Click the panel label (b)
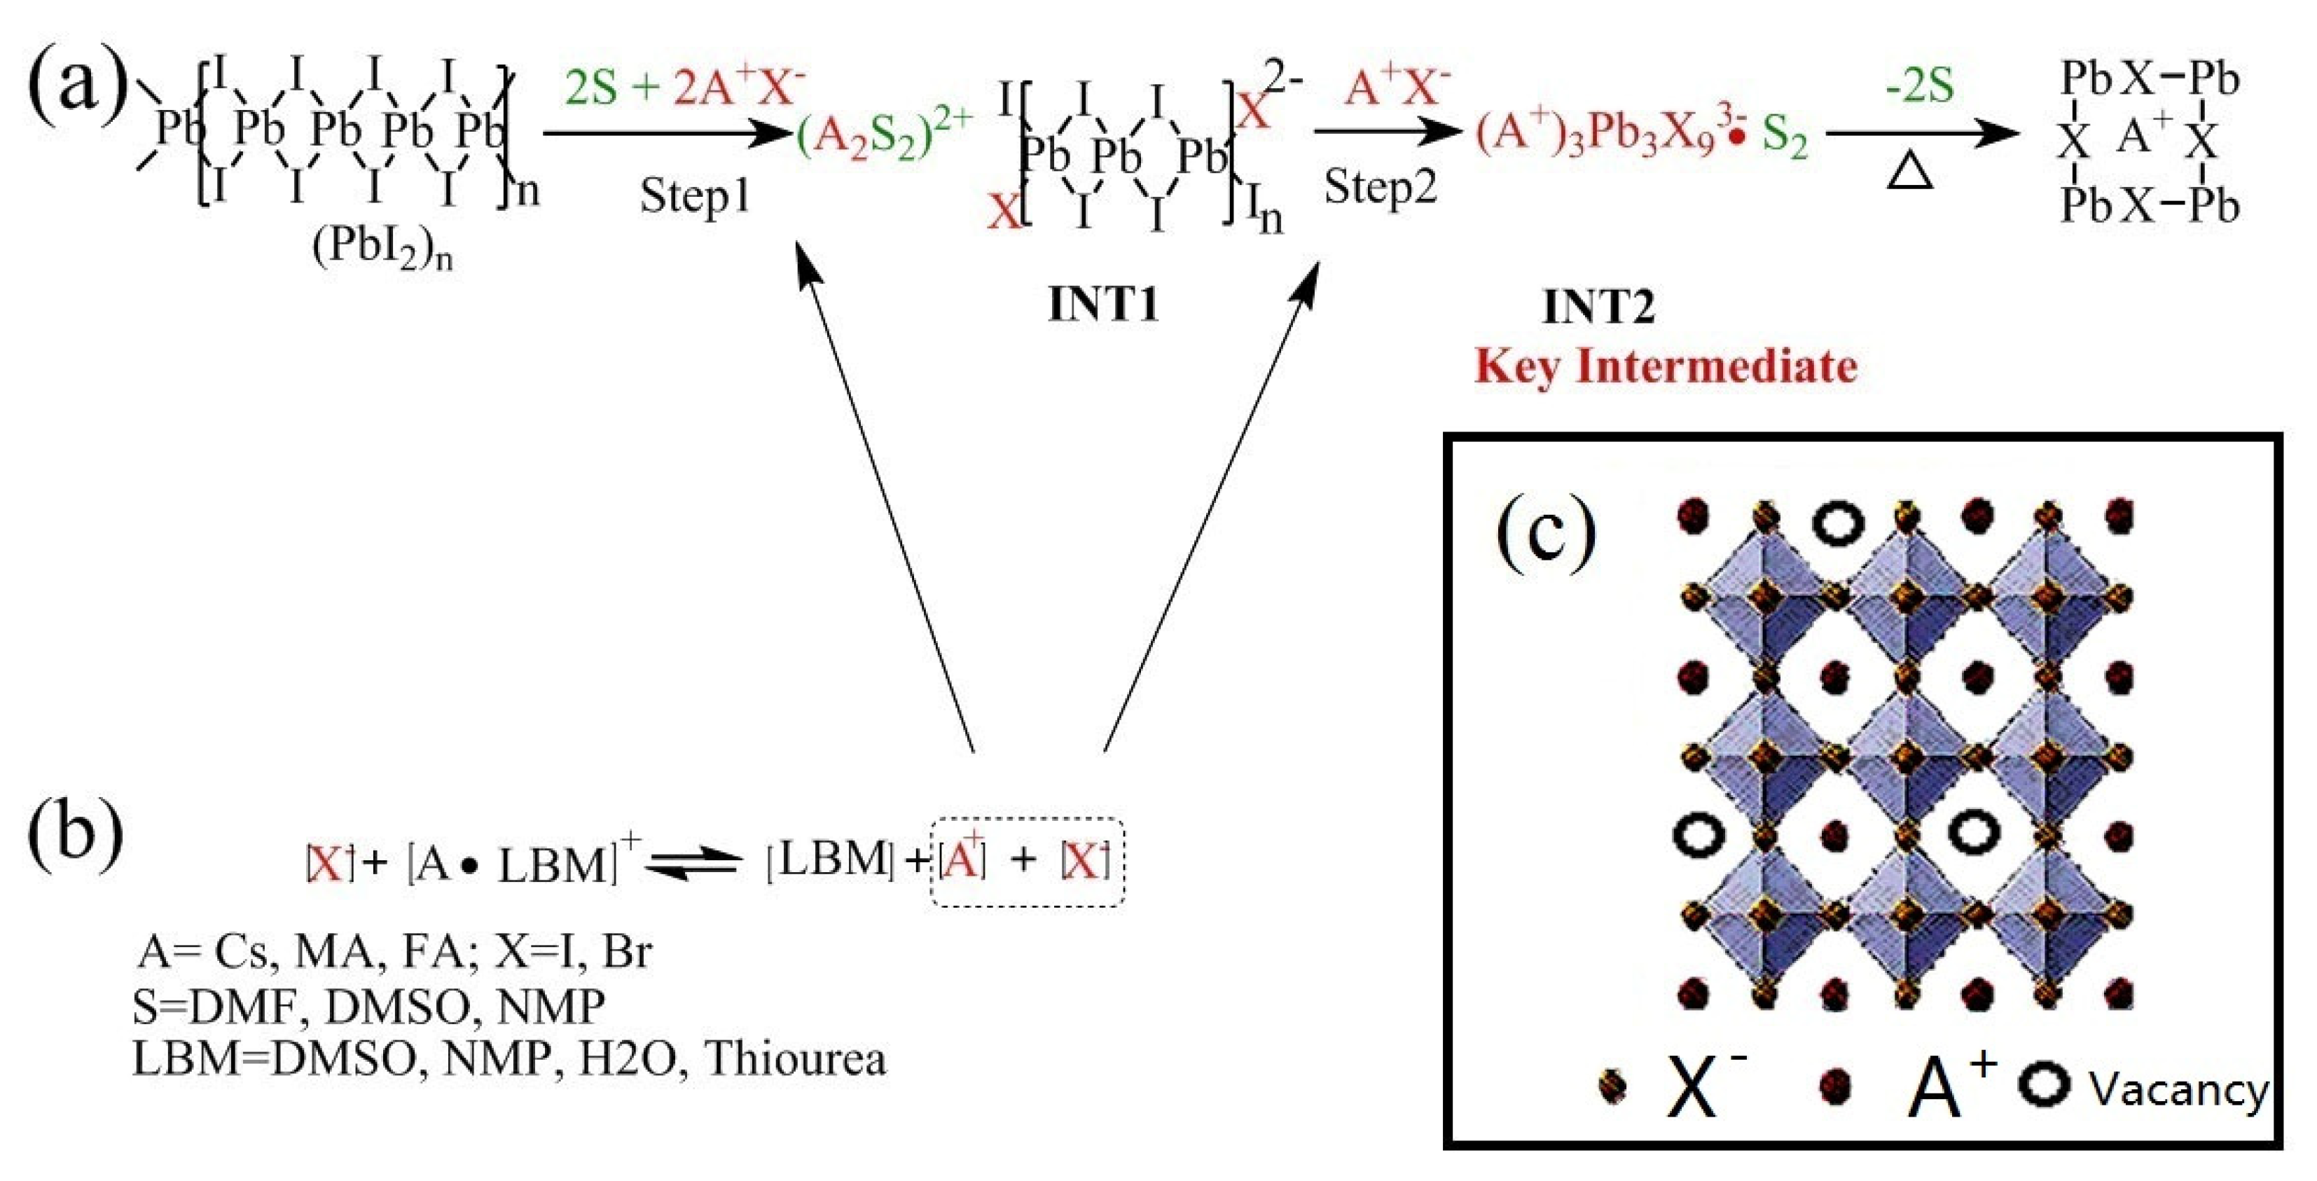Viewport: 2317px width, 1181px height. (76, 836)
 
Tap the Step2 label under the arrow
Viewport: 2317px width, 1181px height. (1381, 188)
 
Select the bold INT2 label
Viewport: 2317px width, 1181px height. (1598, 307)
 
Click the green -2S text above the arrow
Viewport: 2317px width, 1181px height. (1919, 86)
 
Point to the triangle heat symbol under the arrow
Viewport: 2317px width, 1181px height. (1909, 172)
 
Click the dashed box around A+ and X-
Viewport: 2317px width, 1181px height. (1028, 862)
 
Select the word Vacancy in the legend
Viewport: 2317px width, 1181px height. (2178, 1090)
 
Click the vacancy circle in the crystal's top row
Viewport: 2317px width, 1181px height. (1838, 522)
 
